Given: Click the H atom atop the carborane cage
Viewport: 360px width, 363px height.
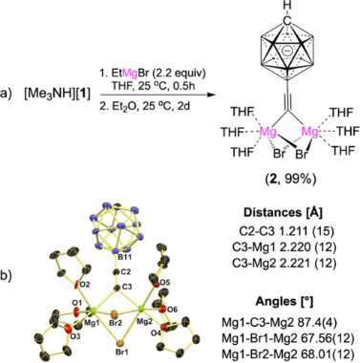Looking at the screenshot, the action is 287,6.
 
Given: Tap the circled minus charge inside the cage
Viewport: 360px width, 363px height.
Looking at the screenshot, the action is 287,52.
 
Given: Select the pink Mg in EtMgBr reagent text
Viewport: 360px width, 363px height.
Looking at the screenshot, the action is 130,73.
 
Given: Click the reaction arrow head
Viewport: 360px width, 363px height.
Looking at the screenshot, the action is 208,95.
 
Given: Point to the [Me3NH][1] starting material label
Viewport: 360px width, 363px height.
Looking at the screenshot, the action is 56,95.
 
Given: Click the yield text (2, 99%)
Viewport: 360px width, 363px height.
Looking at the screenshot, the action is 286,179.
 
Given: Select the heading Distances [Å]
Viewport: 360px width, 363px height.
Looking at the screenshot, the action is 283,213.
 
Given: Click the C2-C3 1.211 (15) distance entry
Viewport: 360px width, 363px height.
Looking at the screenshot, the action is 287,231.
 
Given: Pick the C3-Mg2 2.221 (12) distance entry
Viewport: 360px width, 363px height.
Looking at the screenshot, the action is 287,263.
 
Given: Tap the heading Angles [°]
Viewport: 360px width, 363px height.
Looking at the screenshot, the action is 285,302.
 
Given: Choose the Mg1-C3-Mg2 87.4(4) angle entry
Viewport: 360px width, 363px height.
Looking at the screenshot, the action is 282,323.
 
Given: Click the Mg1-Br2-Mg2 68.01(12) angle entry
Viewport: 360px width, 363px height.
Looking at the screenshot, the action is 287,353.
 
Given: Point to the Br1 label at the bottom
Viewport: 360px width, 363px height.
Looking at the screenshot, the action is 123,353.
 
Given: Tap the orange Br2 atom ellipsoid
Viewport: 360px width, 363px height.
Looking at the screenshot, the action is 116,312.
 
